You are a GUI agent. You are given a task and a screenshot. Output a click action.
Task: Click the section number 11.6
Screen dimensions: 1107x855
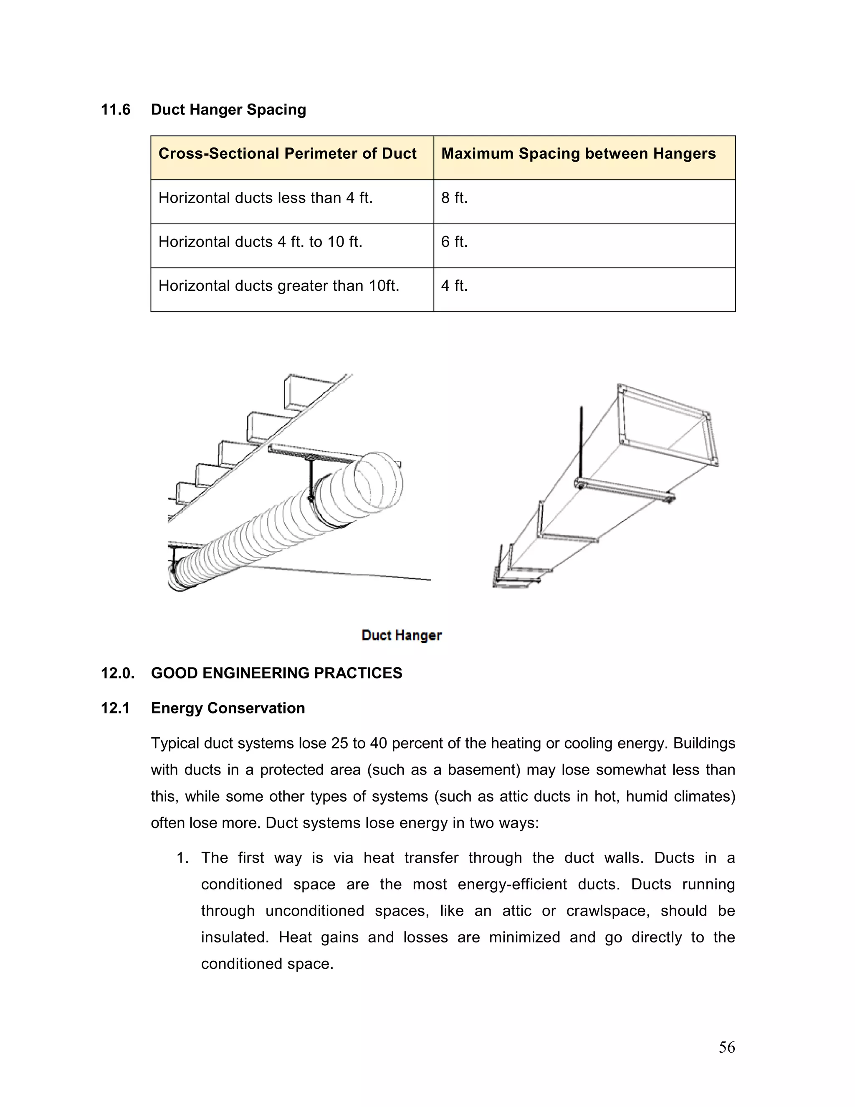click(x=116, y=110)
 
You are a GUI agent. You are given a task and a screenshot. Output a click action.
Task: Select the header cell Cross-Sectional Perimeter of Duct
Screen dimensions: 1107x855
click(x=287, y=154)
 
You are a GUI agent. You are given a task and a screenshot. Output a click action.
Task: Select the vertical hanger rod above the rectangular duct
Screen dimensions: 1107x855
click(x=581, y=441)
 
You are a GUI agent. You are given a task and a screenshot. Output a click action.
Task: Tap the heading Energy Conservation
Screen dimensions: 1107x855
click(x=228, y=708)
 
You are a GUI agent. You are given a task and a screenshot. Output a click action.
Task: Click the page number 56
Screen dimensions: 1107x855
click(x=726, y=1047)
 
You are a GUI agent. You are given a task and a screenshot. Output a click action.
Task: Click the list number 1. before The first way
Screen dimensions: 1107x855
click(x=182, y=858)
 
